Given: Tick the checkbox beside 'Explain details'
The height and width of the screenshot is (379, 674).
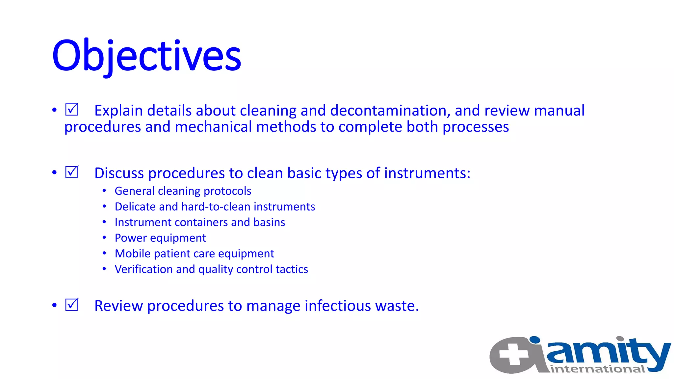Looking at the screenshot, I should click(71, 110).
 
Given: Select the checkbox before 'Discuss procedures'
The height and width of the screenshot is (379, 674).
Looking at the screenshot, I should click(71, 172).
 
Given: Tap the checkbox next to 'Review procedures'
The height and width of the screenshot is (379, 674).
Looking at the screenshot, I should click(71, 305).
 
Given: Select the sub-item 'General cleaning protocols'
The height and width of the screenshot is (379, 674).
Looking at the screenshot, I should click(183, 191).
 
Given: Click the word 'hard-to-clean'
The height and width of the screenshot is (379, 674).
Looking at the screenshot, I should click(216, 207).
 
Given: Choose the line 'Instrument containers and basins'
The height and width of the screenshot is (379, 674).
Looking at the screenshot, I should click(199, 222).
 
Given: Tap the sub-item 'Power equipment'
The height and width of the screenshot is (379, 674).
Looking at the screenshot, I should click(160, 238).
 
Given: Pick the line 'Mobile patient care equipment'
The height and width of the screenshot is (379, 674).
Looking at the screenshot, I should click(194, 254).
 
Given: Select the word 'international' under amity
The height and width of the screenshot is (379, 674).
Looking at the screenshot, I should click(597, 369).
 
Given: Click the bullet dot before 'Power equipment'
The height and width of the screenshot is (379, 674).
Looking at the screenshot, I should click(104, 238).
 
